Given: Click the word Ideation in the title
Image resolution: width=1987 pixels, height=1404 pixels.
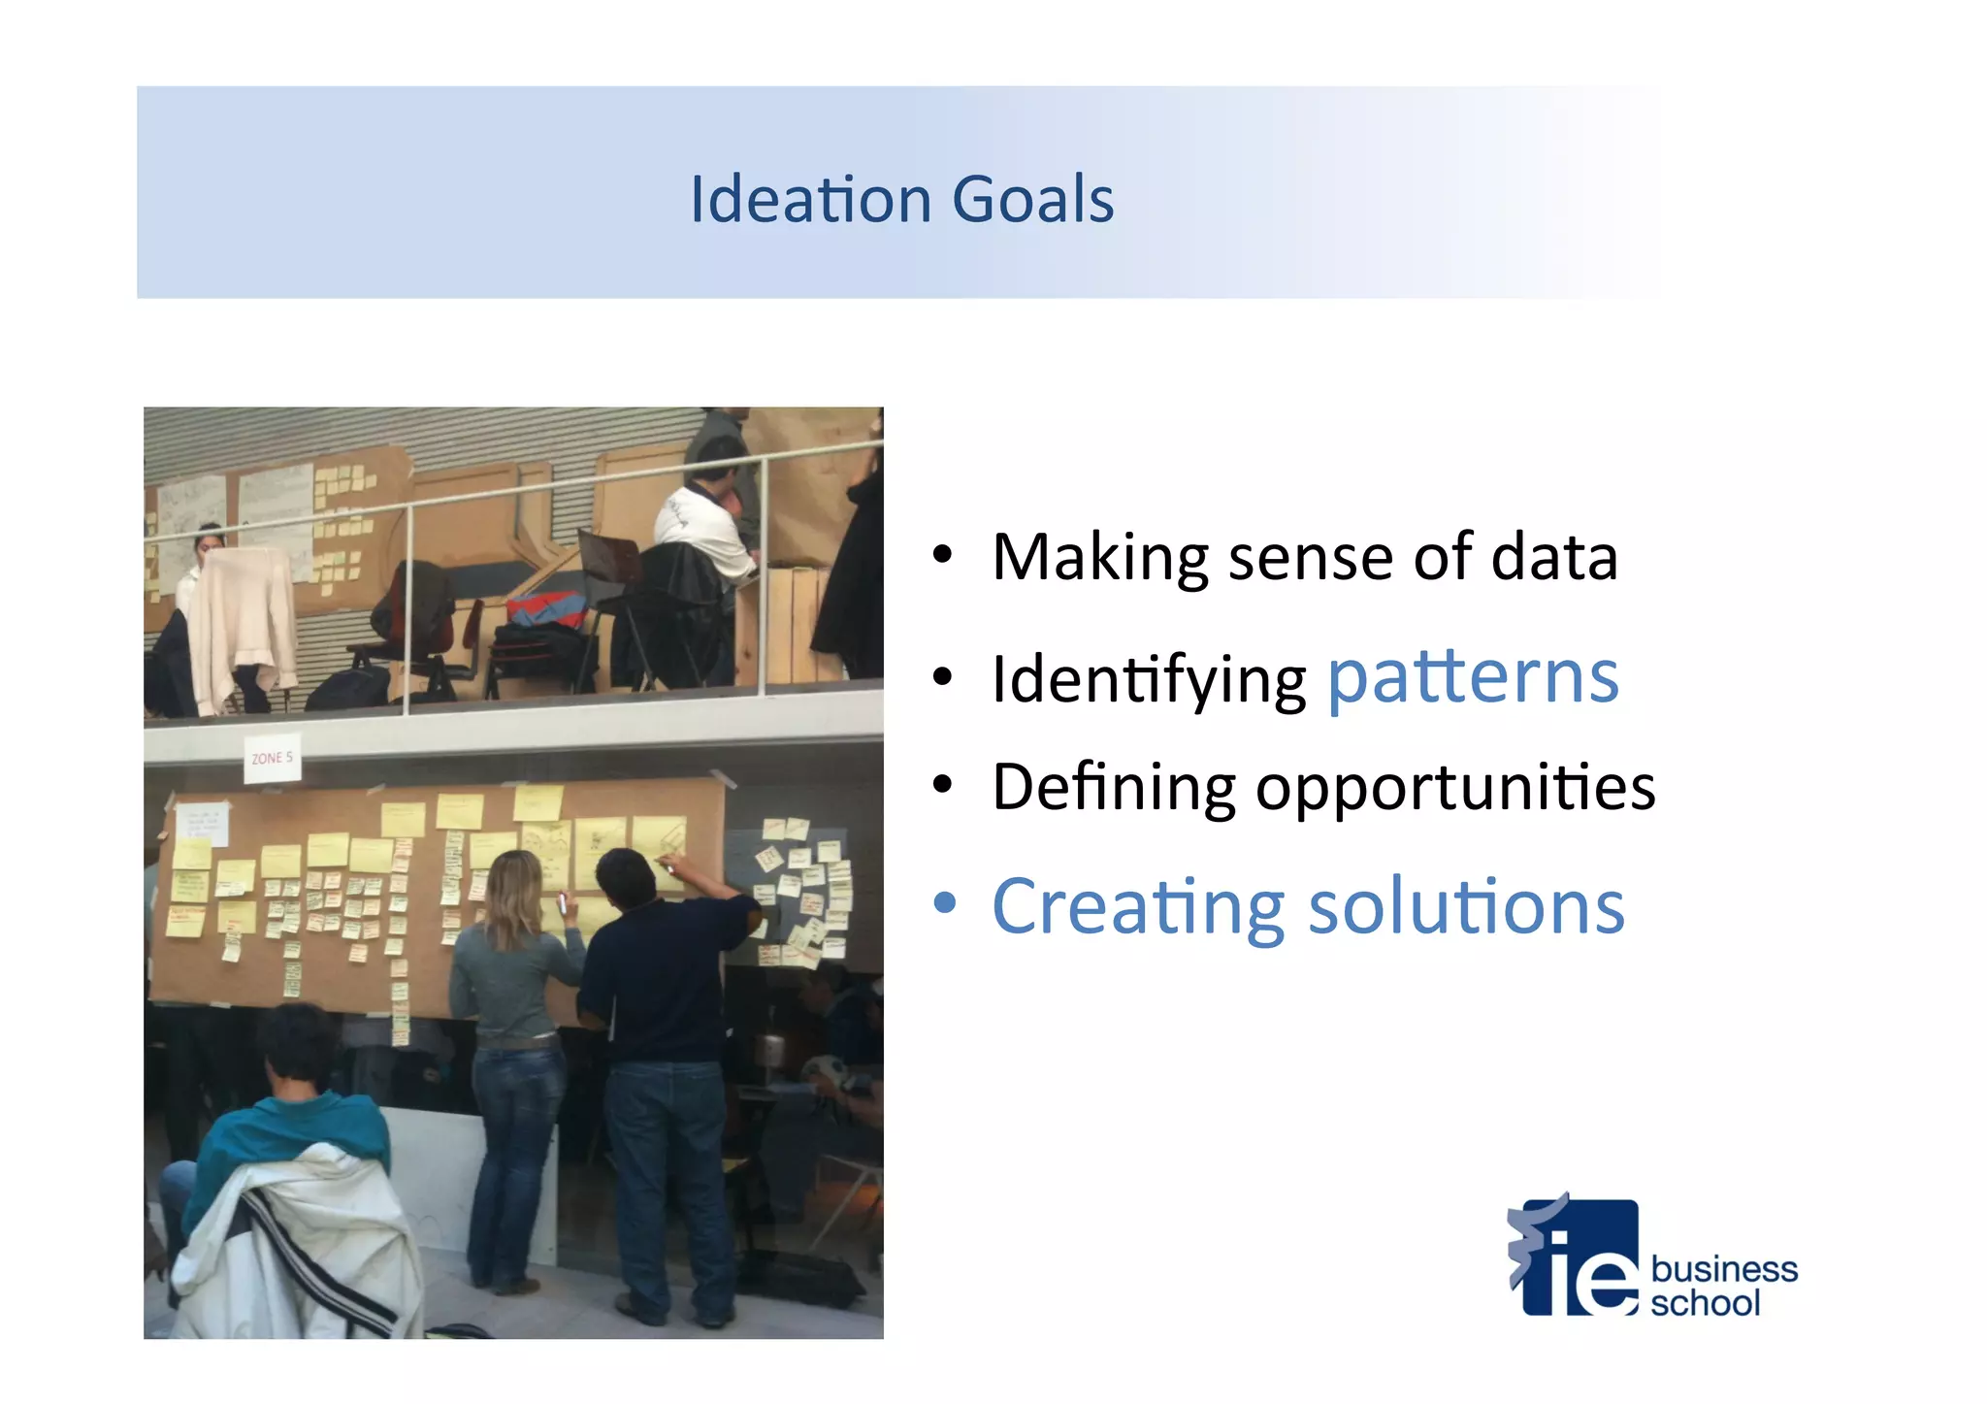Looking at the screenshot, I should pyautogui.click(x=811, y=200).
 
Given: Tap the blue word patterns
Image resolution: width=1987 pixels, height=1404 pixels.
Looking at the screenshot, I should pyautogui.click(x=1472, y=677).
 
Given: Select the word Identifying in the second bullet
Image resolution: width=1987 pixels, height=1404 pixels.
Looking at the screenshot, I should pyautogui.click(x=1149, y=680).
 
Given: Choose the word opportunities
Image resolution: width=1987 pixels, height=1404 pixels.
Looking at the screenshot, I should pyautogui.click(x=1455, y=788).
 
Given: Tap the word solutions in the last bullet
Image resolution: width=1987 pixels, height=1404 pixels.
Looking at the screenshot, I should pyautogui.click(x=1466, y=906).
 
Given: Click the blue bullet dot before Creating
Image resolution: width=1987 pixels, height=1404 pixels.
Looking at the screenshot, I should pyautogui.click(x=944, y=904).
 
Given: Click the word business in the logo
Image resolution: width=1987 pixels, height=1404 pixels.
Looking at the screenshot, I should pyautogui.click(x=1723, y=1268).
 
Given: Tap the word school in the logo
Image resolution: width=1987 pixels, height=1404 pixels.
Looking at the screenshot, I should pyautogui.click(x=1705, y=1303).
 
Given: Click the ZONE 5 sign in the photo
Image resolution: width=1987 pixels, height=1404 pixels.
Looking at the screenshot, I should pyautogui.click(x=272, y=758).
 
